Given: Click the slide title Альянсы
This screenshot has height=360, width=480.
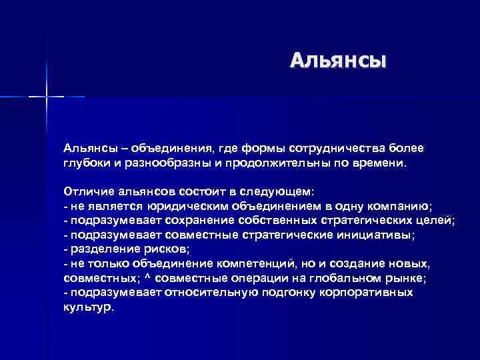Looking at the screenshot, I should pyautogui.click(x=337, y=61).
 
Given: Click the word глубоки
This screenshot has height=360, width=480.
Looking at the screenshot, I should pyautogui.click(x=87, y=162).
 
